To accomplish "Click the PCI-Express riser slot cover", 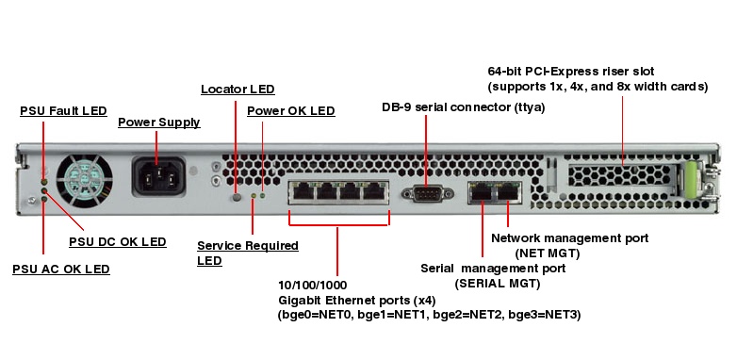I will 621,176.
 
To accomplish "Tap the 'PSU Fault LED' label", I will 63,111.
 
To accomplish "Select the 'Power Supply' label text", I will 158,123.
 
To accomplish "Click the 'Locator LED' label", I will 237,90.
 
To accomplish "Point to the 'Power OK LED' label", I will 290,111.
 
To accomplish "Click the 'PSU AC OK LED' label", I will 60,269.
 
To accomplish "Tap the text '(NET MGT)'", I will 547,253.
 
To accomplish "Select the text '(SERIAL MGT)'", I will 497,283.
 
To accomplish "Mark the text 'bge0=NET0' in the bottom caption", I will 312,314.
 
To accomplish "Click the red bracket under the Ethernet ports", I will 337,225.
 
